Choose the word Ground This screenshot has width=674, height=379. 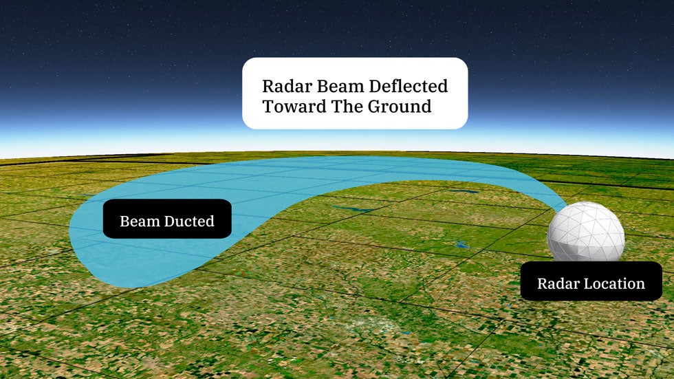point(400,107)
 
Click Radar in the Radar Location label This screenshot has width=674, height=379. point(557,283)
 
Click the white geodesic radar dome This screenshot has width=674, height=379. point(586,232)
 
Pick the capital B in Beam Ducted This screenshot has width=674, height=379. point(124,221)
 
